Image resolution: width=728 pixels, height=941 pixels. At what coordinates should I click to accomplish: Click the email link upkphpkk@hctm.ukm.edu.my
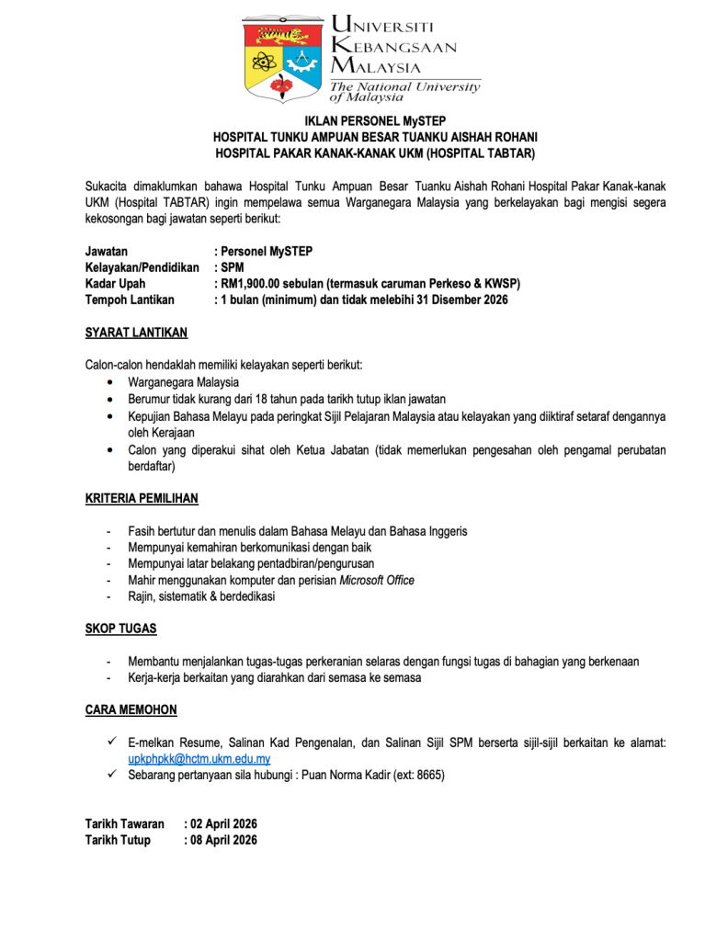[x=199, y=758]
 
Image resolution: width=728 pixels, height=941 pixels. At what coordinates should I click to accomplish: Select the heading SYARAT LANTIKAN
[x=136, y=333]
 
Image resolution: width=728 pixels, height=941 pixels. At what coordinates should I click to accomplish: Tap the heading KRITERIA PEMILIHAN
[x=142, y=498]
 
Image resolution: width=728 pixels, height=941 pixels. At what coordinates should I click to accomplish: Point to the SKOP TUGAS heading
[x=120, y=629]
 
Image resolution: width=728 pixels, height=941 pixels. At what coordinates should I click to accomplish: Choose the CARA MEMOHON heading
[x=131, y=709]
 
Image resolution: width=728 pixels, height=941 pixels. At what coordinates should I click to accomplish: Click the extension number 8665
[x=428, y=775]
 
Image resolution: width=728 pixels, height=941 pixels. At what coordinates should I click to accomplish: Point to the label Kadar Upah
[x=115, y=283]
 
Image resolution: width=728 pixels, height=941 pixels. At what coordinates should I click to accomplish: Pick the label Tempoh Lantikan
[x=129, y=300]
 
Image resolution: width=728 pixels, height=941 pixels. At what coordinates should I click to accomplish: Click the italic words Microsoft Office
[x=377, y=580]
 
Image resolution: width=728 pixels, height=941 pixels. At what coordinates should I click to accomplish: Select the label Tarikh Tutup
[x=118, y=840]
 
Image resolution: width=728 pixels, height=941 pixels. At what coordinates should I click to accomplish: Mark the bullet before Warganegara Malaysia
[x=111, y=382]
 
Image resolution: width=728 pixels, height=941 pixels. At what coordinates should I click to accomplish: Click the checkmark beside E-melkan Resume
[x=110, y=742]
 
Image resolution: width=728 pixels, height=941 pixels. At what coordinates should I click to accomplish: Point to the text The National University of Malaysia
[x=404, y=91]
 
